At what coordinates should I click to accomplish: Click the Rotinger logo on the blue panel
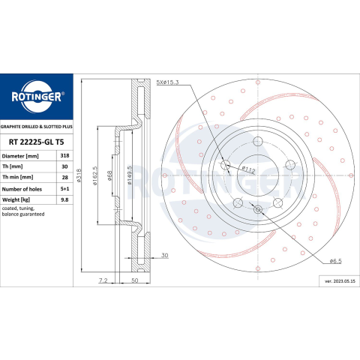(37, 97)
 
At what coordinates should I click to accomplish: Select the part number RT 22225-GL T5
(37, 142)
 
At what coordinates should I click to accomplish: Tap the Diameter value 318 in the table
(64, 155)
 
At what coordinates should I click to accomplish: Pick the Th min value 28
(64, 177)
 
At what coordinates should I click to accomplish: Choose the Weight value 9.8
(64, 199)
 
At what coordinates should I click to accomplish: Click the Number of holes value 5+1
(64, 189)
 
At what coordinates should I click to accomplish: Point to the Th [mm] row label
(12, 166)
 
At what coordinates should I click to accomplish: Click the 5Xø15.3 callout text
(167, 82)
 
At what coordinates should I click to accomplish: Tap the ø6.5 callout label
(335, 261)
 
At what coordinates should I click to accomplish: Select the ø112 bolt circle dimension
(248, 169)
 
